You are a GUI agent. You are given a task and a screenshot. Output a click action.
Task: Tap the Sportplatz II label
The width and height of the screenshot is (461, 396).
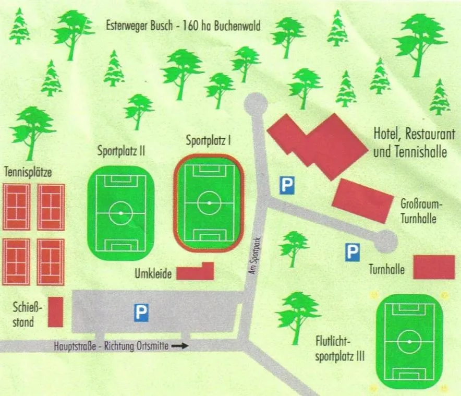click(x=121, y=152)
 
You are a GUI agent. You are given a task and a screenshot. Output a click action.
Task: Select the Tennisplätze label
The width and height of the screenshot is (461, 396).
click(x=27, y=172)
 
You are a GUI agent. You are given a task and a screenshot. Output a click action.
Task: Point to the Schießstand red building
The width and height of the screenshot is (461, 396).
click(x=55, y=312)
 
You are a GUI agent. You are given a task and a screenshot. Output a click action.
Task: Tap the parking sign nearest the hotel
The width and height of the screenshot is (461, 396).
click(x=286, y=185)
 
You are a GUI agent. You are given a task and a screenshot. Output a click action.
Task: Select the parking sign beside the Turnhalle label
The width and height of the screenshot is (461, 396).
click(x=353, y=253)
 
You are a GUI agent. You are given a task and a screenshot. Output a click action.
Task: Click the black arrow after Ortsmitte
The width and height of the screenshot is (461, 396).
click(x=179, y=346)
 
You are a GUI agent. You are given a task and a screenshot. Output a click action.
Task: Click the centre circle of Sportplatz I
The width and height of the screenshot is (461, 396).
click(x=209, y=202)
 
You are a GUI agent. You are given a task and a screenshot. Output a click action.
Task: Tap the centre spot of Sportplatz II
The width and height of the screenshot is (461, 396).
click(x=121, y=213)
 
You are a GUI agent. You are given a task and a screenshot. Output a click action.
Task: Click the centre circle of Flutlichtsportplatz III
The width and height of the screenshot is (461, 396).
click(x=409, y=342)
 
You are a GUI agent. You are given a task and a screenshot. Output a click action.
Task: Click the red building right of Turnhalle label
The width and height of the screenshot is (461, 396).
click(x=434, y=267)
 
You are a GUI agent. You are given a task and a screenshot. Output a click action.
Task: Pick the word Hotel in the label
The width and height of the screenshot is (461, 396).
click(x=387, y=134)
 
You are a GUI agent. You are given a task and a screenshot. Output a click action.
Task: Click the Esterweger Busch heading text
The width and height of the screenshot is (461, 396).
click(x=183, y=26)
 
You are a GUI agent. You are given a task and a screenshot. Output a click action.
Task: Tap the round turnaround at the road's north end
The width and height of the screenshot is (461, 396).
click(x=256, y=103)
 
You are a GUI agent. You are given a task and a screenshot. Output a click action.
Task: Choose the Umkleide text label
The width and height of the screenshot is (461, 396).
click(x=153, y=274)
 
